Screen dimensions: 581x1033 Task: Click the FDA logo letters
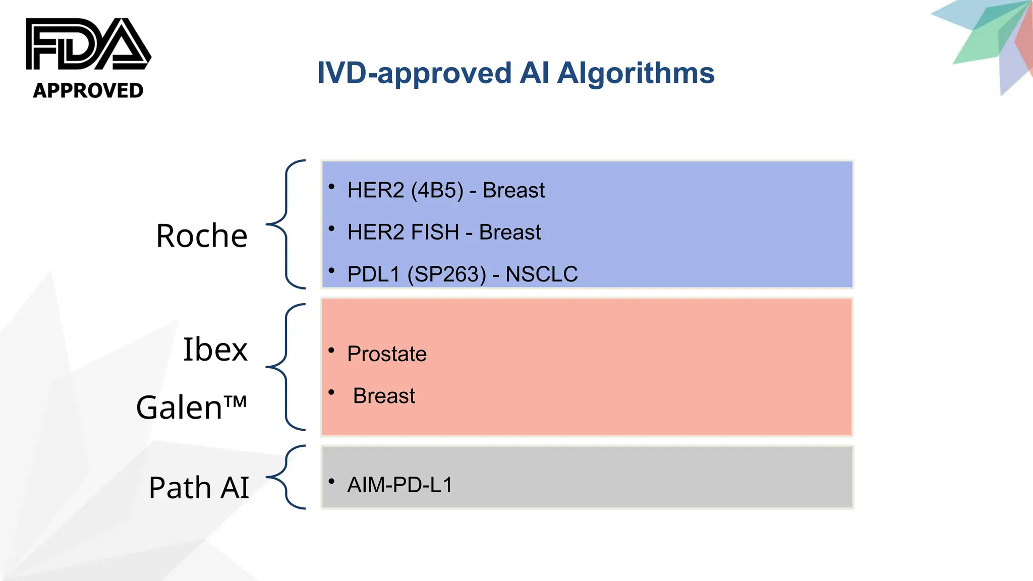pos(88,44)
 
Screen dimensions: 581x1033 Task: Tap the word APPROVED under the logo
pos(88,91)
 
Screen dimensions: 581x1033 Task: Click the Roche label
pos(202,236)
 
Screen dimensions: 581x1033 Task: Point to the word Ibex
pos(215,349)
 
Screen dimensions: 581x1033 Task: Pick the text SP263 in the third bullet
pos(447,274)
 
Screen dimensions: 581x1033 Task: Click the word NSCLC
pos(542,274)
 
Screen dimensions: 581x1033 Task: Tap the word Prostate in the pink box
pos(387,354)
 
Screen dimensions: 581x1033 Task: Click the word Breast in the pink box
pos(384,396)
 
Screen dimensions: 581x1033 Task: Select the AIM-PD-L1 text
pos(400,485)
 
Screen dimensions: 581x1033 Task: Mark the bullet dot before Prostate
pos(331,350)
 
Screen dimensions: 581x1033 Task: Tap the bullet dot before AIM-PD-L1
pos(331,481)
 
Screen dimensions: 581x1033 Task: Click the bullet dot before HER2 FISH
pos(331,228)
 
